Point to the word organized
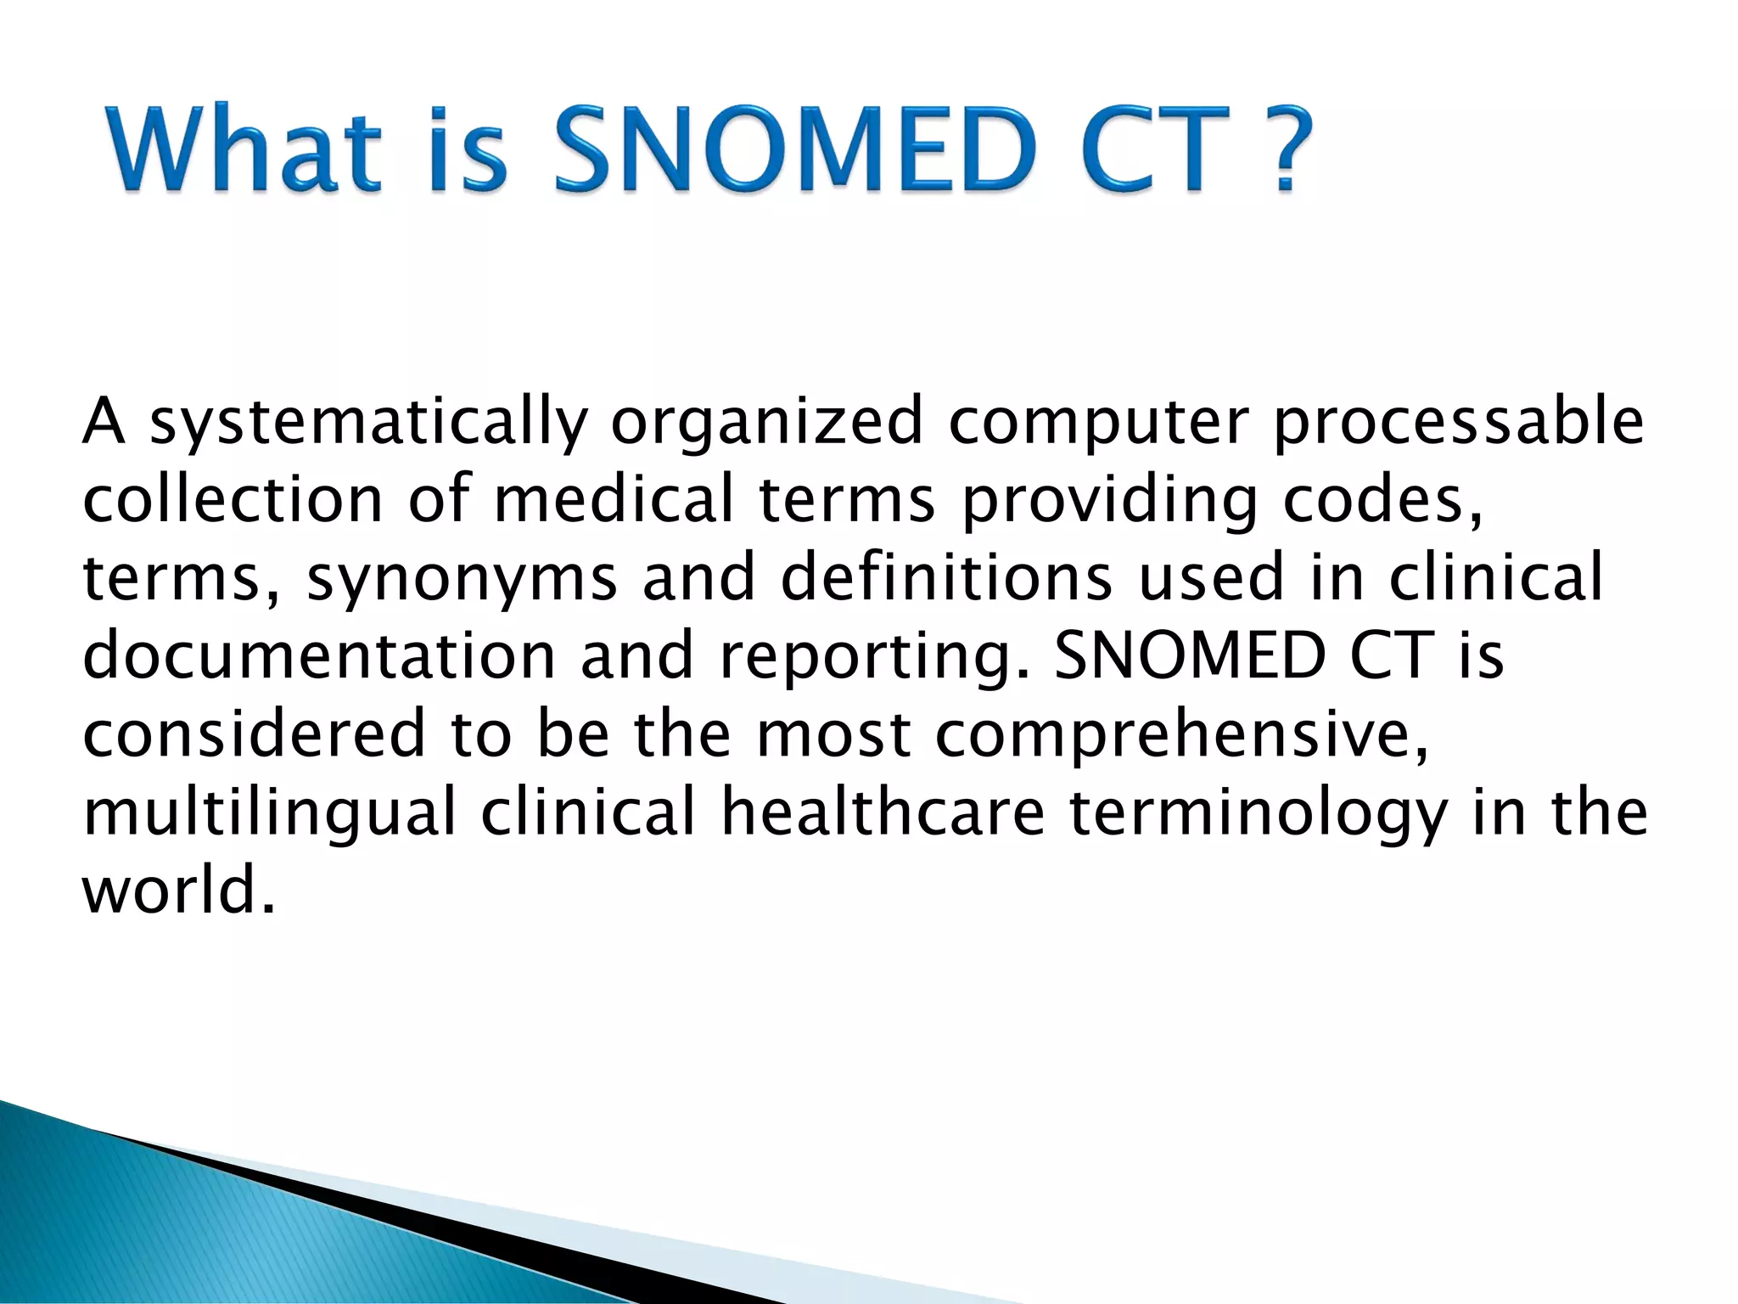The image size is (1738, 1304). pyautogui.click(x=765, y=423)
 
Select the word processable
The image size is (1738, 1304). pyautogui.click(x=1458, y=423)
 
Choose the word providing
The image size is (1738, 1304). pyautogui.click(x=1108, y=501)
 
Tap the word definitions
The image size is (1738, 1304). pyautogui.click(x=945, y=577)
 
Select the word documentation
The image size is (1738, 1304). pyautogui.click(x=318, y=655)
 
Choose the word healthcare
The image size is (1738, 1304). pyautogui.click(x=883, y=812)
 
